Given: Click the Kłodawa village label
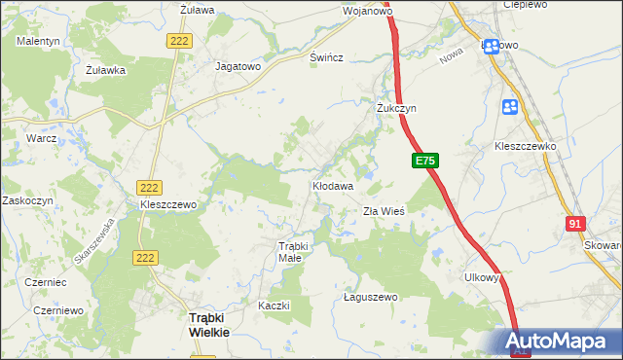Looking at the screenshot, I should point(332,184).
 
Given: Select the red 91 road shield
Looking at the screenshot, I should point(574,223).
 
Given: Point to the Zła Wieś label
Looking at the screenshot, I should point(384,211).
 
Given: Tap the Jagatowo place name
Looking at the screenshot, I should point(238,67).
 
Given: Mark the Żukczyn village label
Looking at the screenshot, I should point(396,108).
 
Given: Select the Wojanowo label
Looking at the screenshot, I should point(367,12).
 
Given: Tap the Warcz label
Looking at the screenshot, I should point(42,138).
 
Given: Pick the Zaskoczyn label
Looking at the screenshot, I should point(26,199).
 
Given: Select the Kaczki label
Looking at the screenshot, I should point(275,306).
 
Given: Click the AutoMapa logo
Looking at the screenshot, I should point(560,341).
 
